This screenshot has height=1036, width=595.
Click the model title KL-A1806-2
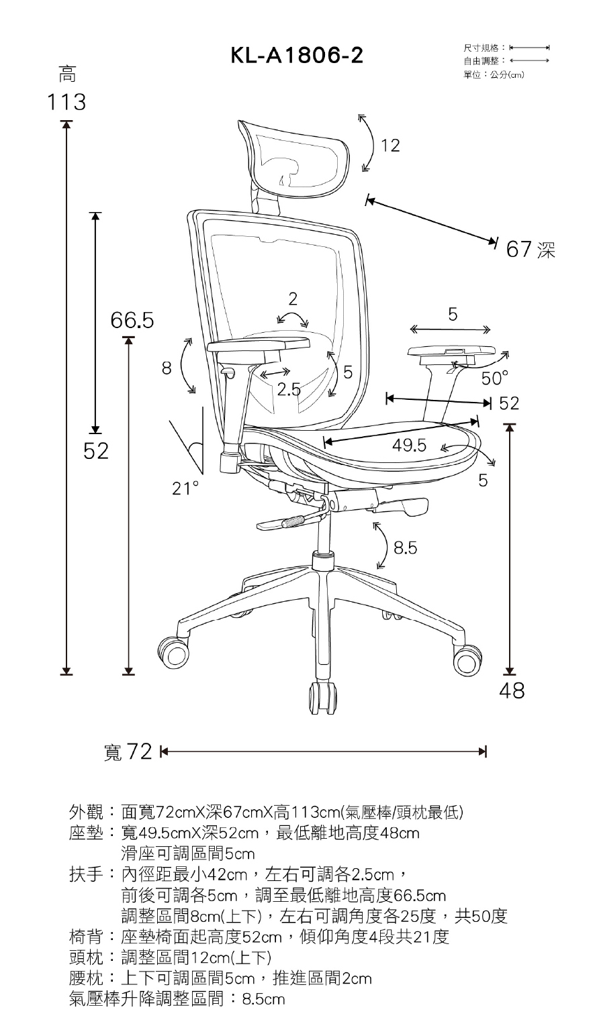click(297, 56)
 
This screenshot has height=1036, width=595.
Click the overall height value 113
click(66, 103)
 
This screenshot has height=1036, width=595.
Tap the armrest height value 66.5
click(132, 321)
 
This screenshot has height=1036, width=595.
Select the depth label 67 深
click(531, 250)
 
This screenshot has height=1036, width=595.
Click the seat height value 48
click(511, 691)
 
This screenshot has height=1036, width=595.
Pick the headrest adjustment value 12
click(390, 145)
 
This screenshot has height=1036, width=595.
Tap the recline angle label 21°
click(185, 488)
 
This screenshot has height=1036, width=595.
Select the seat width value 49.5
click(410, 446)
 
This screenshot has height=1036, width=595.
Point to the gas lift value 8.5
click(406, 549)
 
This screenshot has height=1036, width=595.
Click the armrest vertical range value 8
click(167, 368)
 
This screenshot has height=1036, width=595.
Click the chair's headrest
click(295, 158)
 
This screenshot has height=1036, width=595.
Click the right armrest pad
click(453, 352)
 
